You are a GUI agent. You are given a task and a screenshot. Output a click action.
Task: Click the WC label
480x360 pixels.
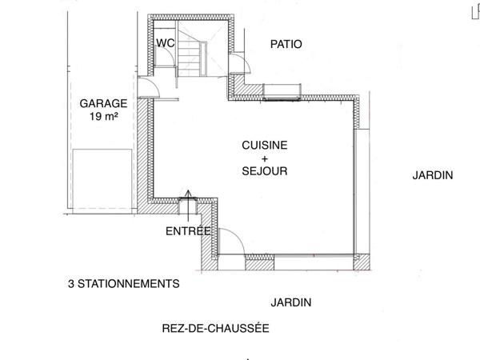pos(166,43)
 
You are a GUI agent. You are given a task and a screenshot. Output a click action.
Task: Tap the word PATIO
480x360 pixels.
pos(286,44)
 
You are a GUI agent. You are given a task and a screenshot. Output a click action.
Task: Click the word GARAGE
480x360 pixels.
pos(103,104)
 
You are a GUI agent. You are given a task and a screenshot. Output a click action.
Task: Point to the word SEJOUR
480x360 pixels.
pos(265,171)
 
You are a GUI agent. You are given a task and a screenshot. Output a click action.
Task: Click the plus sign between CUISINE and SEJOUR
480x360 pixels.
pos(265,158)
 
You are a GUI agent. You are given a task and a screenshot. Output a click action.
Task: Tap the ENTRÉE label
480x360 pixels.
pos(188,231)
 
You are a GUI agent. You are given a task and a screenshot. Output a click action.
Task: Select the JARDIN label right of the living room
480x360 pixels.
pos(433,175)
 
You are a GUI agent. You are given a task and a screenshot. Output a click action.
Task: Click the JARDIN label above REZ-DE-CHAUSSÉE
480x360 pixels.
pos(290,302)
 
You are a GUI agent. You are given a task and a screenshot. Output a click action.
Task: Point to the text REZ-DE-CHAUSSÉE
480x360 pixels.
pos(215,328)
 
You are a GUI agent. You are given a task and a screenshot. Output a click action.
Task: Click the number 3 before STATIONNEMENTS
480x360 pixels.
pos(71,283)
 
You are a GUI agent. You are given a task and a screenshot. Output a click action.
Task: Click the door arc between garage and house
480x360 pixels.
pos(148,88)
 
